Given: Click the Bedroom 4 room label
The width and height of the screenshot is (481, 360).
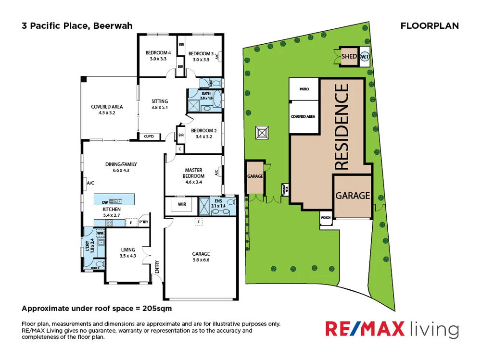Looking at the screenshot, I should click(x=158, y=53).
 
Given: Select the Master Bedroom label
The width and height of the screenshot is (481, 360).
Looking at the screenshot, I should click(x=194, y=173).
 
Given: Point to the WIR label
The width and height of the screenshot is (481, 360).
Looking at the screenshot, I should click(x=182, y=205).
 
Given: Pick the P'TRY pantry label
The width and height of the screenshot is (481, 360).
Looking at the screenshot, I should click(x=143, y=222).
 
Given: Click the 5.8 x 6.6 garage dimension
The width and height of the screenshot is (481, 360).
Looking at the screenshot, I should click(x=201, y=260).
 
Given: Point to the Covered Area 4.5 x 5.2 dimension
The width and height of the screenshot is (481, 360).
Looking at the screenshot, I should click(x=107, y=112).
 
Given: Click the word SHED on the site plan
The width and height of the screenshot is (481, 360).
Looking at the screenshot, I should click(x=349, y=57).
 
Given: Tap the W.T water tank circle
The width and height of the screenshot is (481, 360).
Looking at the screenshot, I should click(x=365, y=56).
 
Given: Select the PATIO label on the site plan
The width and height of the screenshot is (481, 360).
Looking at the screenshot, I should click(x=304, y=89).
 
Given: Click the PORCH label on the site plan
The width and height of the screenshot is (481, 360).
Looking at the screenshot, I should click(x=326, y=217).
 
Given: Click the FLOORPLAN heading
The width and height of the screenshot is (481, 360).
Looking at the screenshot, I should click(x=430, y=26).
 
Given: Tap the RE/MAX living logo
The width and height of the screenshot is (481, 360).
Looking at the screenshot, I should click(x=392, y=329).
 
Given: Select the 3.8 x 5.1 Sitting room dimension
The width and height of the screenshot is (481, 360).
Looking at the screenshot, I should click(x=160, y=108).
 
